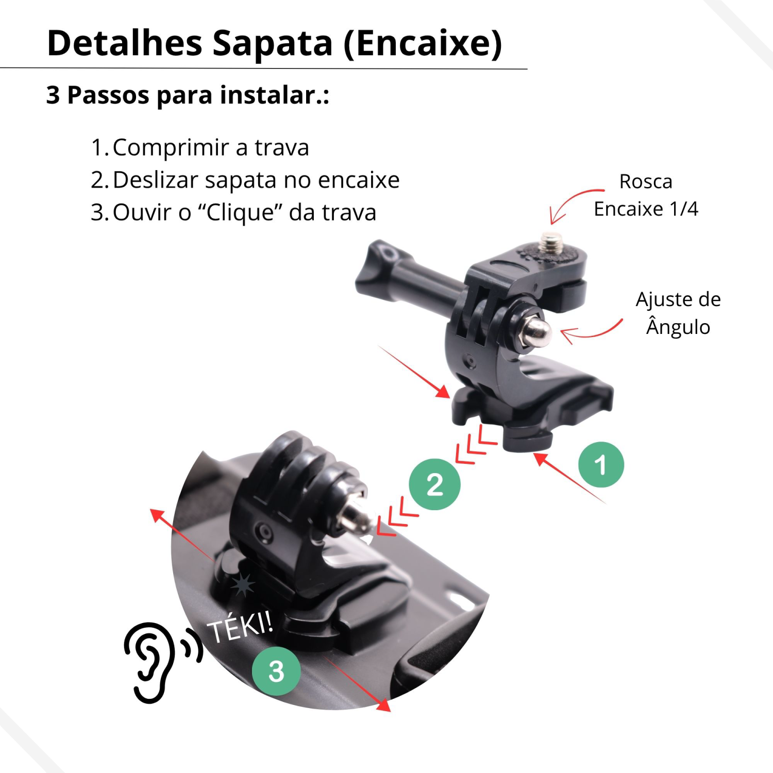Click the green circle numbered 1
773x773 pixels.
(x=601, y=464)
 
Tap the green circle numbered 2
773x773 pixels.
(x=434, y=484)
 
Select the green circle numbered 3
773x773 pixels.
(x=276, y=671)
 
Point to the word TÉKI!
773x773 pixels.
(x=240, y=626)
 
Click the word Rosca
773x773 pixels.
(x=646, y=181)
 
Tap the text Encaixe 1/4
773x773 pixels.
(x=646, y=209)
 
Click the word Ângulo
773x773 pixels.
(x=678, y=326)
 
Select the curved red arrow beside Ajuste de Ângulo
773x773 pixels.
(x=593, y=332)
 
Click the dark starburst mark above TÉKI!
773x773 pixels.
(x=242, y=585)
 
